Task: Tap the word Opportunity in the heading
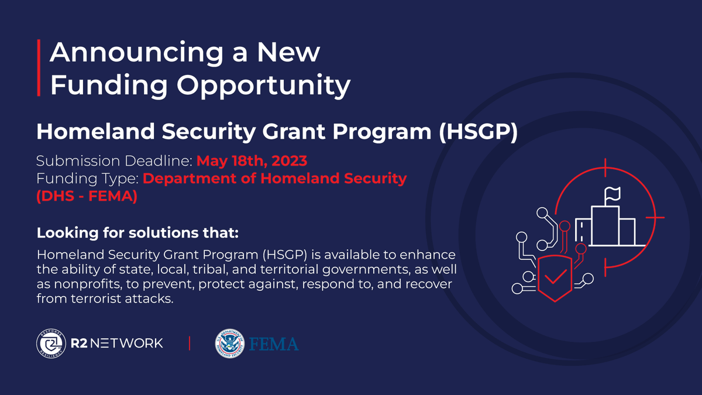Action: coord(264,85)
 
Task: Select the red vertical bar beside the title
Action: coord(39,68)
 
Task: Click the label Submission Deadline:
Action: coord(114,160)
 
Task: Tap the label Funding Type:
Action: coord(87,178)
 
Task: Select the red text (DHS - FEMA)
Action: coord(87,197)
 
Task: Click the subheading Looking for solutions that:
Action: coord(137,233)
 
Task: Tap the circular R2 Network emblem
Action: coord(49,343)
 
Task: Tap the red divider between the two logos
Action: coord(190,344)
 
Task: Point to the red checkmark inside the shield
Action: coord(554,274)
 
